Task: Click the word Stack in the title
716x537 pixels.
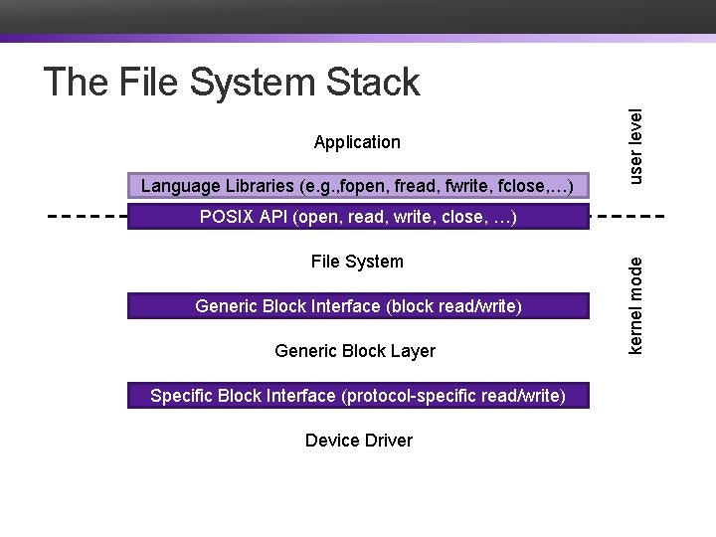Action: [371, 83]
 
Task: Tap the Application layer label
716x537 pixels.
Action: [357, 142]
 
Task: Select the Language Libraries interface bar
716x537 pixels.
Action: [358, 186]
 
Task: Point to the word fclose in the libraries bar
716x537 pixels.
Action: [523, 186]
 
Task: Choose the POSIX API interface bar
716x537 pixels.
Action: [358, 217]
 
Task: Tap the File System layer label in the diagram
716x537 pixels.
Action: [357, 262]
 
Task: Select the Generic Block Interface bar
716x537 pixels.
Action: [358, 306]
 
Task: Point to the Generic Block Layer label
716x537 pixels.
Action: [355, 351]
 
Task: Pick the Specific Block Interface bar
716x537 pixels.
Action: [358, 396]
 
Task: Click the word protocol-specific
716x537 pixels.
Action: [411, 396]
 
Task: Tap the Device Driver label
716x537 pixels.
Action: [358, 441]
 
